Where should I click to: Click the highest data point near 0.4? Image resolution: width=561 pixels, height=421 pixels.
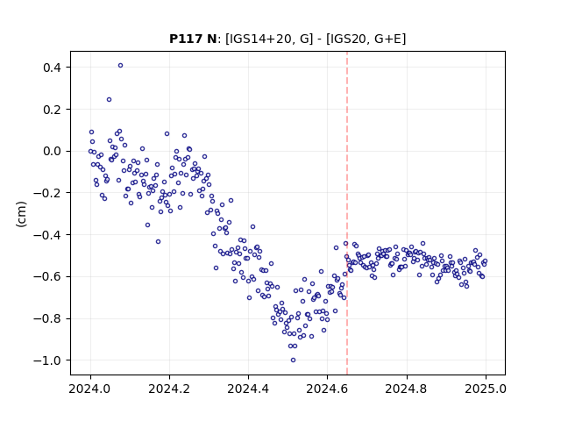(x=121, y=66)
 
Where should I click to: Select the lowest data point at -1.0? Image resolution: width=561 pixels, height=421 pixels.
(x=293, y=360)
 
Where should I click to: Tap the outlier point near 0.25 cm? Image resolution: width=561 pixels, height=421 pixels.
(x=109, y=99)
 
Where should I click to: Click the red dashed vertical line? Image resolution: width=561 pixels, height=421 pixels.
(x=347, y=213)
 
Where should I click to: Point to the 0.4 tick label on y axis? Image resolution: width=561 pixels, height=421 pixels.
(x=52, y=68)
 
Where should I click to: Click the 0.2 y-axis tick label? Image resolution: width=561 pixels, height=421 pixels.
(x=52, y=109)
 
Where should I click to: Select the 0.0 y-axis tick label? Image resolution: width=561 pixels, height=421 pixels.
(x=52, y=151)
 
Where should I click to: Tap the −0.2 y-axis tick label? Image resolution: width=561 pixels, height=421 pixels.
(x=46, y=193)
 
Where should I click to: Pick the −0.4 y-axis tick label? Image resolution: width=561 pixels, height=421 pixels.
(x=46, y=235)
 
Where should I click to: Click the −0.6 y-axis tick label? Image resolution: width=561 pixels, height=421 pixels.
(x=46, y=277)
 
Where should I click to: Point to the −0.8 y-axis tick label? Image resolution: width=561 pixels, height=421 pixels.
(x=46, y=318)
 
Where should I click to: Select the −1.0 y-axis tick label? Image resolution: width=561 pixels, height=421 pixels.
(x=46, y=360)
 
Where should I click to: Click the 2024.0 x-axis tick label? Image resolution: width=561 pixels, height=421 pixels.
(x=90, y=389)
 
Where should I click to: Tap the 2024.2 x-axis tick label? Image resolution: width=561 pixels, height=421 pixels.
(x=169, y=389)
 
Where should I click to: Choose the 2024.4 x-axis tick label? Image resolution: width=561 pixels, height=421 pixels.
(x=248, y=389)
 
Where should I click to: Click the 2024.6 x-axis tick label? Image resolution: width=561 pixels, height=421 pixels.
(x=327, y=389)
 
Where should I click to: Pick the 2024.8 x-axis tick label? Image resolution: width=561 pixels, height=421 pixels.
(x=407, y=389)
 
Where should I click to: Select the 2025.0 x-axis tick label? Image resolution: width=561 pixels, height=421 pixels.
(x=486, y=389)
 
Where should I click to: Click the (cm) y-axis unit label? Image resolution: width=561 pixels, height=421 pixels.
(x=21, y=214)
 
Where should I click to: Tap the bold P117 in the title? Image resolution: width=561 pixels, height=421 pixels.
(x=186, y=39)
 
